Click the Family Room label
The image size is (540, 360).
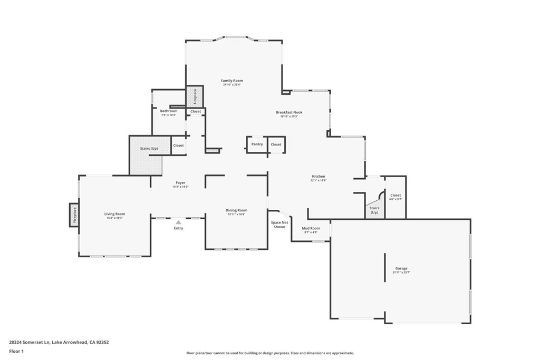[232, 81]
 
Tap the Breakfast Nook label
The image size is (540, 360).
[289, 112]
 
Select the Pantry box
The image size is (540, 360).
[257, 144]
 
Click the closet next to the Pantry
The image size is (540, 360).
[276, 144]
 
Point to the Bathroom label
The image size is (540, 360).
[169, 111]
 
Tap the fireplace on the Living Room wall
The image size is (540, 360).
[74, 215]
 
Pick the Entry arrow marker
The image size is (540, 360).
[178, 222]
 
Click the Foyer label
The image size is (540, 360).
[180, 183]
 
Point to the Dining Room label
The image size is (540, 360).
[236, 210]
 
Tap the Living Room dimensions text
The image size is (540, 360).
[114, 218]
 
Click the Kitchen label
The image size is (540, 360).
[319, 177]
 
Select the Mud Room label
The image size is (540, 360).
[311, 228]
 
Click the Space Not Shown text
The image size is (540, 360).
[279, 225]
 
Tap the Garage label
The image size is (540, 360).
[401, 268]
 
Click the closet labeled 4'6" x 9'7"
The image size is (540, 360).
[396, 197]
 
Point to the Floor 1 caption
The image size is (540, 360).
[16, 351]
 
